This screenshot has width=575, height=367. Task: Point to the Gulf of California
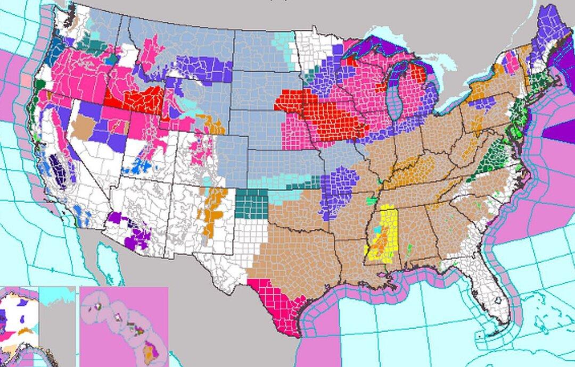tap(106, 266)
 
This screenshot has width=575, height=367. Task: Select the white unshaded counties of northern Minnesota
tap(314, 53)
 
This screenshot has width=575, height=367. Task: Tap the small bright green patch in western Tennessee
tap(372, 201)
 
